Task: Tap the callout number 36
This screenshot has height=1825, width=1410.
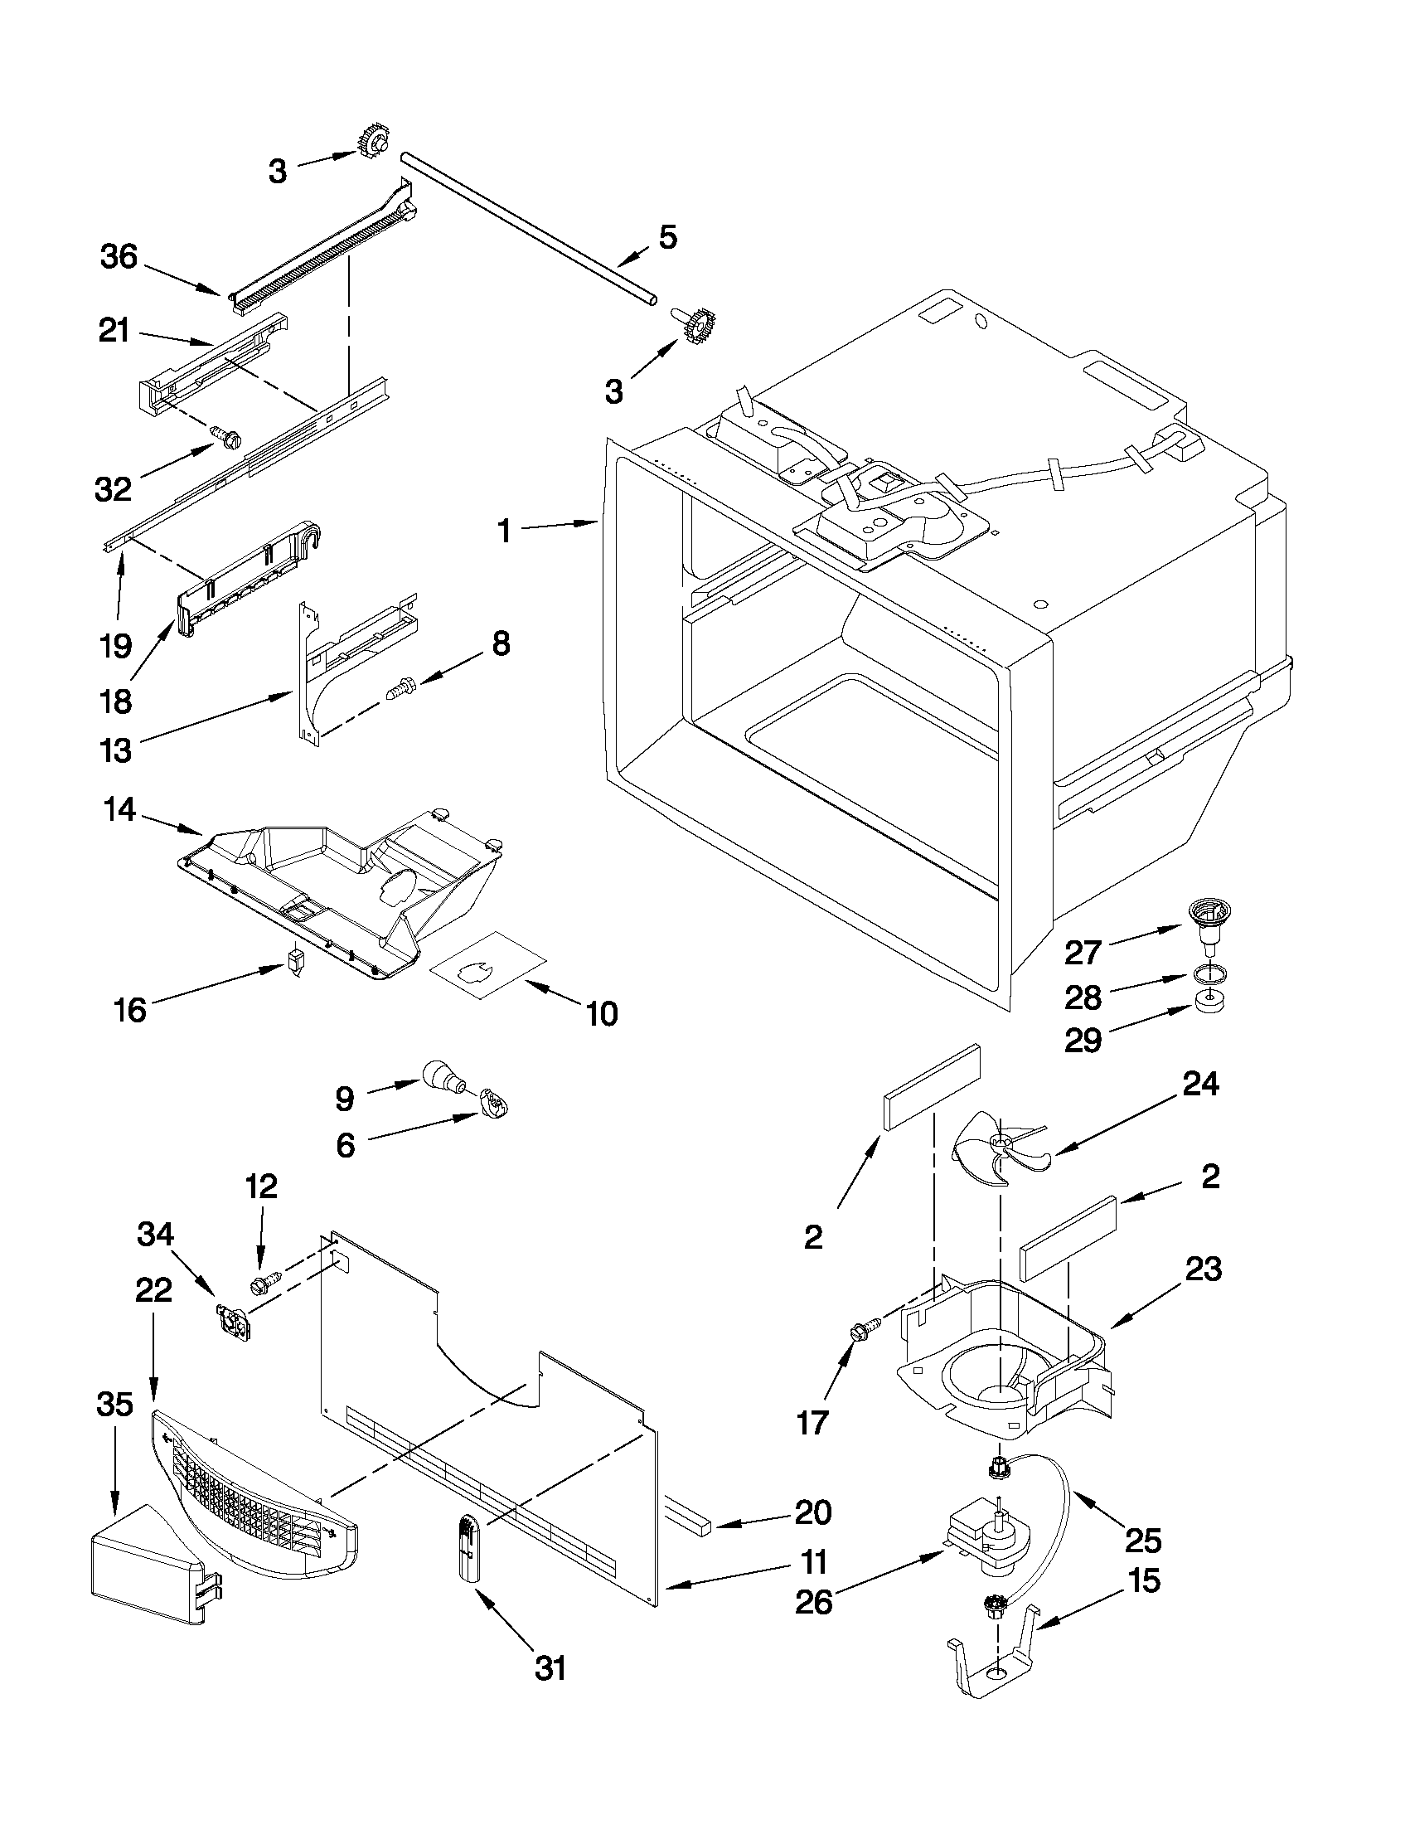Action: [x=119, y=257]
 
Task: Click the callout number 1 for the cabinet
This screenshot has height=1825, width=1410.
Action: [x=504, y=530]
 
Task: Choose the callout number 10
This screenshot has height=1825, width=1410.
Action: [x=601, y=1012]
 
